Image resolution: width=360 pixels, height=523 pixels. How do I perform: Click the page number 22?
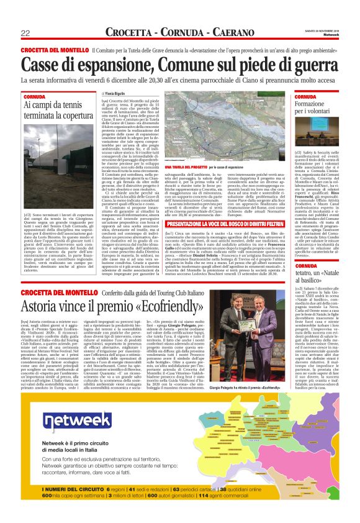point(26,33)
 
